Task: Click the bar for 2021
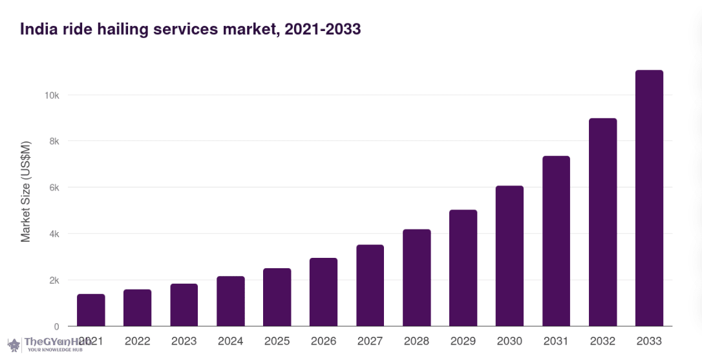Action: coord(91,310)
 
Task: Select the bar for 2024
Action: coord(231,301)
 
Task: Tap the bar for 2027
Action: coord(370,285)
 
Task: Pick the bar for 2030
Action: coord(509,256)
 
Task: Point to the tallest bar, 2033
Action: coord(649,198)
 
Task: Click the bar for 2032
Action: coord(602,222)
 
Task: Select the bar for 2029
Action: coord(463,268)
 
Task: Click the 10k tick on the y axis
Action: coord(52,95)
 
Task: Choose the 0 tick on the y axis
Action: coord(57,326)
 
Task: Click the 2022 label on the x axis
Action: coord(137,341)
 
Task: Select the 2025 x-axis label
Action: coord(277,341)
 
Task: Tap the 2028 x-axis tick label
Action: coord(416,341)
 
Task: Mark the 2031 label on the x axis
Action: coord(556,341)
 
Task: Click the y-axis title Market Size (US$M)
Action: coord(26,191)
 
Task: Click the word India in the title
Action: coord(37,29)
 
